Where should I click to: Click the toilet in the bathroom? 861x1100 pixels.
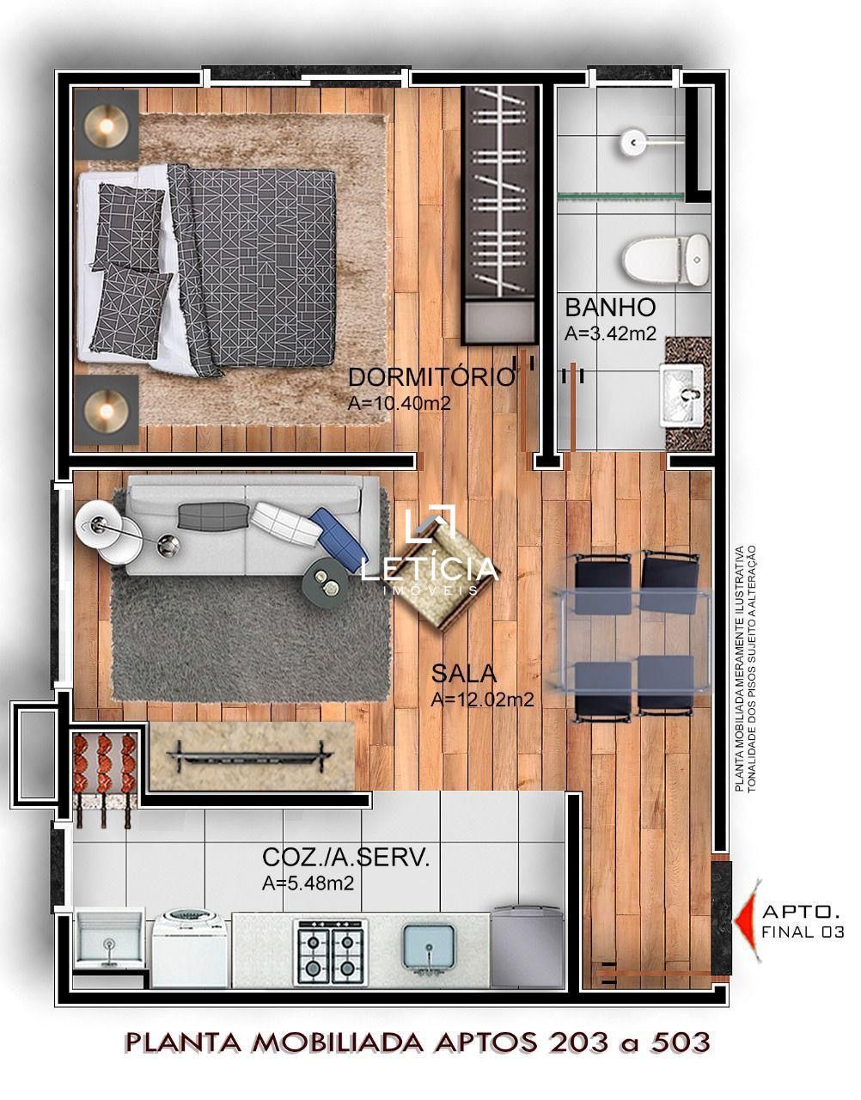665,260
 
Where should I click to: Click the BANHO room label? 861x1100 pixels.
610,308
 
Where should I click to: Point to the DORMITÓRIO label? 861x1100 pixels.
431,377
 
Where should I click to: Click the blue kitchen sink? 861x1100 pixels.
428,950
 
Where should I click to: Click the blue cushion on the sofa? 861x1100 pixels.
339,534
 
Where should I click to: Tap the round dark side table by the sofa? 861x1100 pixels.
325,578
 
